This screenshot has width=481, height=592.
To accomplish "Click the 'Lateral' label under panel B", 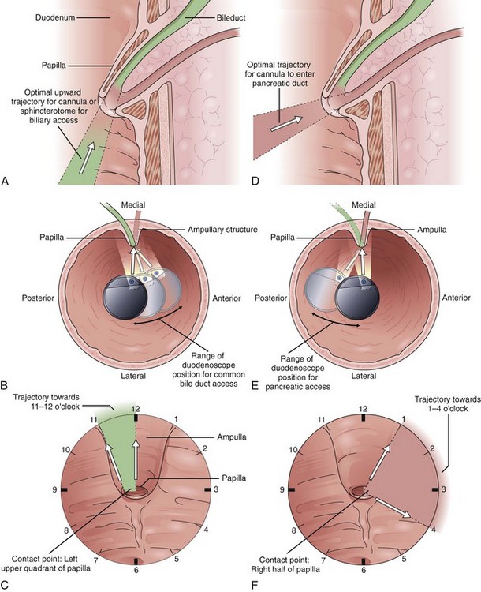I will [x=136, y=377].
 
